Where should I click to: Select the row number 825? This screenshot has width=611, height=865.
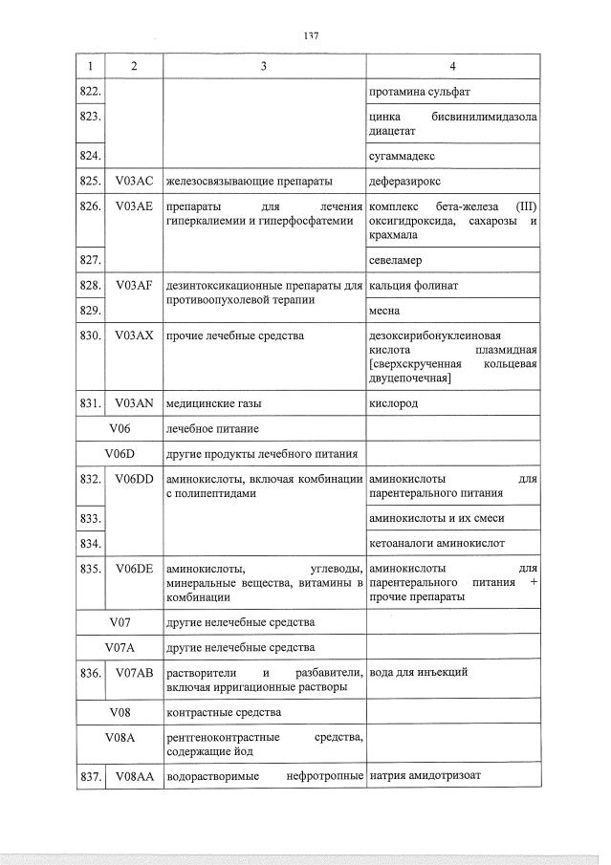[91, 179]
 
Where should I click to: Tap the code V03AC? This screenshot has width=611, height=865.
[134, 179]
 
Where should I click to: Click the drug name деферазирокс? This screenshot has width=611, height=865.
[406, 179]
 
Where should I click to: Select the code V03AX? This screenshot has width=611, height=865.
[134, 335]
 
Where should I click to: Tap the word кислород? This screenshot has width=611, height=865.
[393, 403]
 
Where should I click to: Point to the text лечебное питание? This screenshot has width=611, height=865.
[212, 428]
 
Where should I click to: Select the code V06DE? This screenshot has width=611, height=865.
[134, 569]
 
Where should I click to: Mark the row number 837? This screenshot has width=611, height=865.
[91, 777]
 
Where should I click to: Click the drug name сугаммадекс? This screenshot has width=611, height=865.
[402, 153]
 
